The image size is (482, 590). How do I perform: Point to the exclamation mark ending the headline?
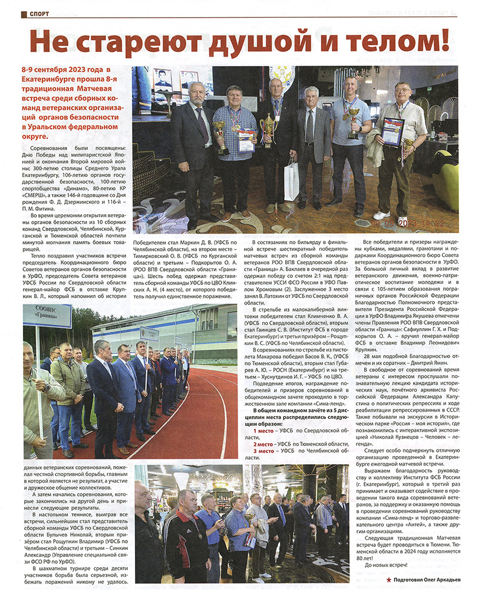click(x=444, y=43)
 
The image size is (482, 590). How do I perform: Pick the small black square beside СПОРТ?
click(x=24, y=14)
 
